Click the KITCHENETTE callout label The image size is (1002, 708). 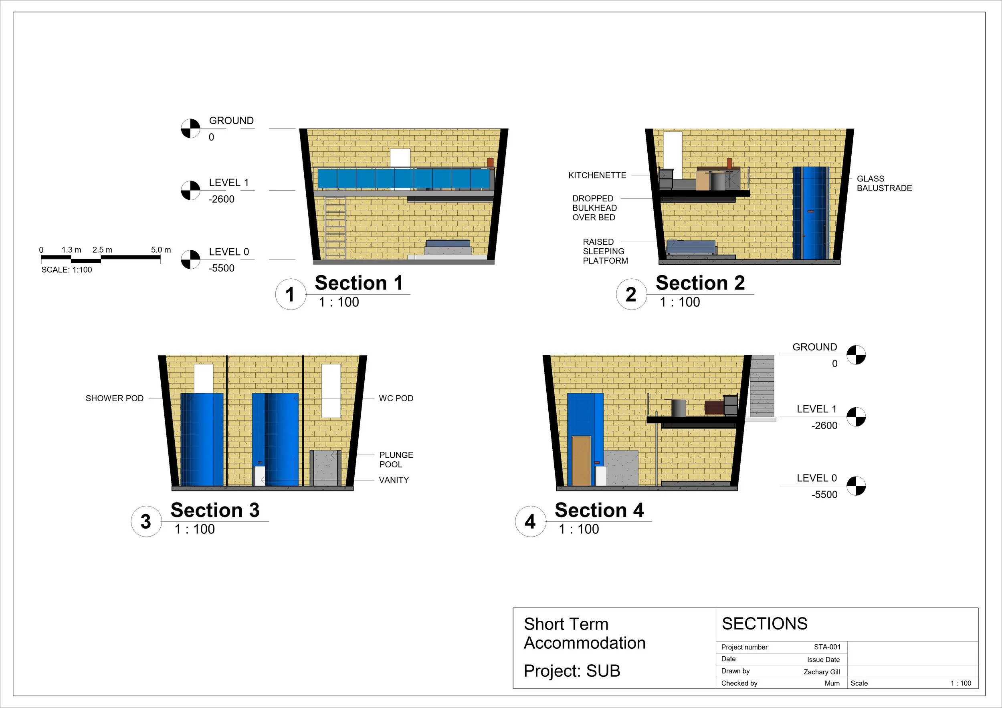(597, 175)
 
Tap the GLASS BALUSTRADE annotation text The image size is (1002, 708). (884, 183)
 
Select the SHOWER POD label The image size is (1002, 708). (114, 398)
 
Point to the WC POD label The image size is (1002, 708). (396, 398)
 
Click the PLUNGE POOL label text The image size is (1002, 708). (396, 459)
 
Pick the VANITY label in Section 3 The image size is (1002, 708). (394, 480)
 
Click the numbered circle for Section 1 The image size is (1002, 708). (290, 294)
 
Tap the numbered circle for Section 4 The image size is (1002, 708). (530, 521)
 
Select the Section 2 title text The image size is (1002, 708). (700, 283)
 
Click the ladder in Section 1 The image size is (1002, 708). (335, 228)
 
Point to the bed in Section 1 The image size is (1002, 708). (448, 247)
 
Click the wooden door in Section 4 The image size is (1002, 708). (581, 460)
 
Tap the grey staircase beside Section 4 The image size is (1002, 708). (762, 386)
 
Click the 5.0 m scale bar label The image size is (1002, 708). (161, 250)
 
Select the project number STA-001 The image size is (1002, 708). (827, 647)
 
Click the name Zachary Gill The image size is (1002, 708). (821, 672)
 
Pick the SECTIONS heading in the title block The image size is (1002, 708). (765, 624)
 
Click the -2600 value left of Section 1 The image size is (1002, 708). (221, 199)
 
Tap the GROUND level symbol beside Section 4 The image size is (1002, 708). (856, 355)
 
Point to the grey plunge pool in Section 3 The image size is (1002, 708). (325, 468)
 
